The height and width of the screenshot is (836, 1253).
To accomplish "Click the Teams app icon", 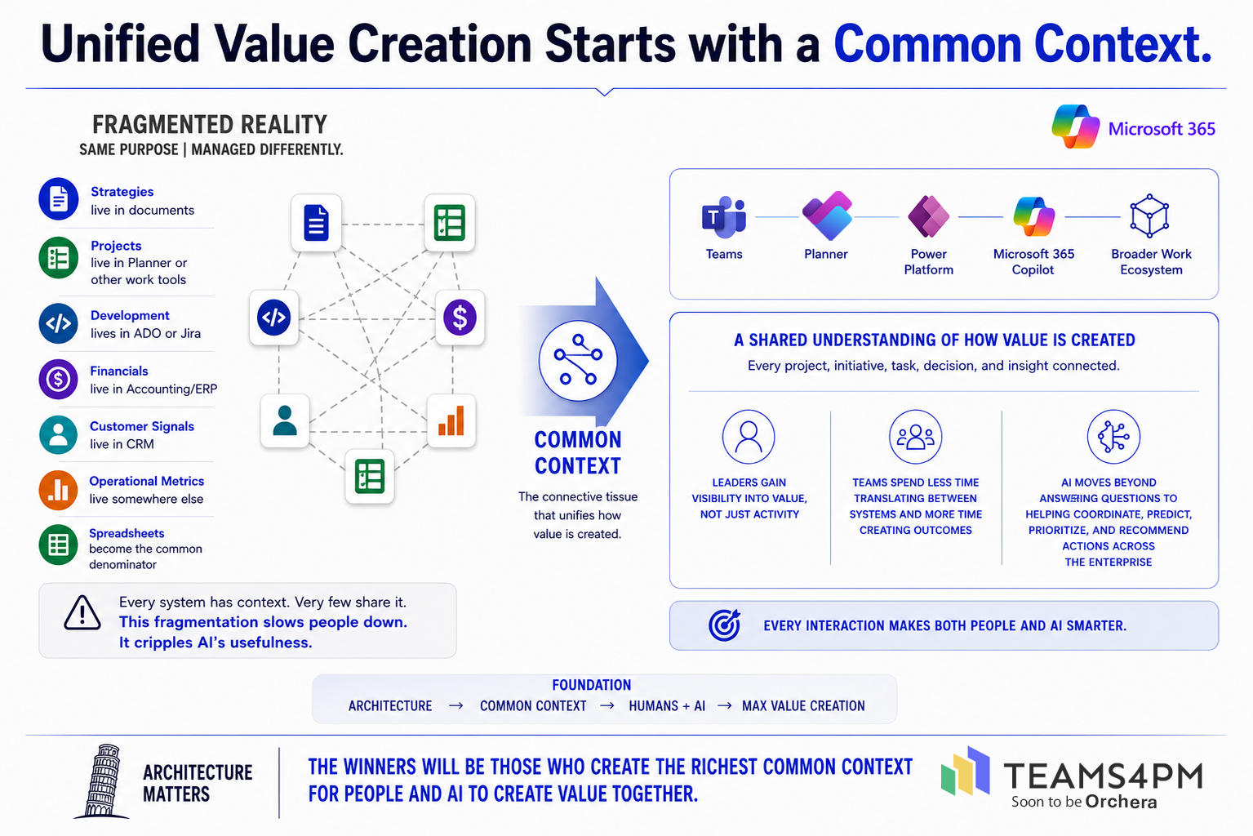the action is [723, 216].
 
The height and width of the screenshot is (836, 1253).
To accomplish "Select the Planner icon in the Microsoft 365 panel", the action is [827, 216].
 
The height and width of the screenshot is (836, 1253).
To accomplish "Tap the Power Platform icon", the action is [929, 216].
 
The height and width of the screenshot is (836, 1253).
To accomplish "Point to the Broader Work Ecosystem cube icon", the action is [1149, 216].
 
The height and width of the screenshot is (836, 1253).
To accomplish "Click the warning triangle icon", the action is [82, 613].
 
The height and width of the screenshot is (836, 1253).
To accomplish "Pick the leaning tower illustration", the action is [102, 781].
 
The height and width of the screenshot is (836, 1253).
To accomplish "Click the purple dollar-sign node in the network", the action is [460, 318].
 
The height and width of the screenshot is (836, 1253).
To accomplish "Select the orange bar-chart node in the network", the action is [451, 420].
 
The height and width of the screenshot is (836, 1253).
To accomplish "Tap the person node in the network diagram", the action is [285, 420].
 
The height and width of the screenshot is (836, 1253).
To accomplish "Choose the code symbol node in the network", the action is [273, 318].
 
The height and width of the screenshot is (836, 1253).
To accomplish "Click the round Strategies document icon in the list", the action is [58, 198].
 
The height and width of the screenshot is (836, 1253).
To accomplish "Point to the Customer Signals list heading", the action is [142, 426].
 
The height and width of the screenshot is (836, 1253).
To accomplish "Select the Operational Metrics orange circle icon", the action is [58, 491].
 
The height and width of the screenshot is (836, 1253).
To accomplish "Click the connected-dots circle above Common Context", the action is [578, 361].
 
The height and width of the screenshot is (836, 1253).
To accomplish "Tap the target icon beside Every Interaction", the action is [724, 625].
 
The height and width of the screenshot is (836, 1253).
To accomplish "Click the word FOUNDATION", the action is [591, 685].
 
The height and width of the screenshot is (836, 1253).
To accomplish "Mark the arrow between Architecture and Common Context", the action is [455, 706].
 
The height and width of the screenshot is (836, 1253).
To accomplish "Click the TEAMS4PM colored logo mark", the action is [966, 772].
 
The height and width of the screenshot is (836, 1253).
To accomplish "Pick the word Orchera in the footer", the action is [1121, 803].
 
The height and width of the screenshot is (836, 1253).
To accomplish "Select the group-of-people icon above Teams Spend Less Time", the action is [915, 437].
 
